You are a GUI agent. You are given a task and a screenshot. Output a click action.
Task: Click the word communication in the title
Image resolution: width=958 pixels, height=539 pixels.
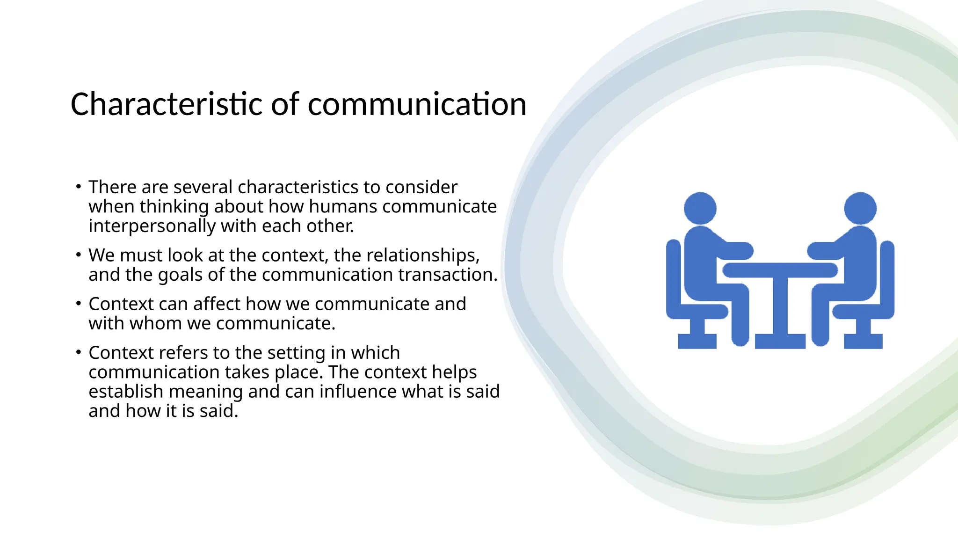(x=417, y=104)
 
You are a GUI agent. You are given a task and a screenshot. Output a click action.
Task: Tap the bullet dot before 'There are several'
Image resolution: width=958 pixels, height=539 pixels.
(x=79, y=187)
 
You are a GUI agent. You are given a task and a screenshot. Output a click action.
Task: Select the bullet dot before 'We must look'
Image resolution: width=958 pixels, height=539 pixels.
(x=79, y=255)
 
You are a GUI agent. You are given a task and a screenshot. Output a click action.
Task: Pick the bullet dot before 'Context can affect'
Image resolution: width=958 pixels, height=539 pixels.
(x=79, y=304)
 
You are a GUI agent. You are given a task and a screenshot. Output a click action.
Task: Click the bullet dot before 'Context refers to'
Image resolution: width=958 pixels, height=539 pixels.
(x=79, y=352)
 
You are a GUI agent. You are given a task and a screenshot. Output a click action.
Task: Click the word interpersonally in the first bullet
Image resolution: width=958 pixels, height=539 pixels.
(x=152, y=226)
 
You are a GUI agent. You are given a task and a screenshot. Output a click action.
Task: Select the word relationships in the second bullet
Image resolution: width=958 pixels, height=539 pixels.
(x=423, y=255)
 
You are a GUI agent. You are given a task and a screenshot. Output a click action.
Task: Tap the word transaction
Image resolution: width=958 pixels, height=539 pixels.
(x=448, y=275)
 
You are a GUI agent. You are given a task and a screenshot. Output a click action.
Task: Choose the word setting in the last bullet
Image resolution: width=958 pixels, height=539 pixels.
(x=296, y=353)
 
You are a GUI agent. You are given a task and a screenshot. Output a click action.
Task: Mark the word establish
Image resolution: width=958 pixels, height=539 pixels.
(x=126, y=392)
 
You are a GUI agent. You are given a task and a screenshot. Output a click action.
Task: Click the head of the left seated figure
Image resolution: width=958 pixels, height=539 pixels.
(x=700, y=208)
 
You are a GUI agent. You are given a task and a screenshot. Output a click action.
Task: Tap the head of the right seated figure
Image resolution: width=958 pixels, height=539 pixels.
(x=860, y=208)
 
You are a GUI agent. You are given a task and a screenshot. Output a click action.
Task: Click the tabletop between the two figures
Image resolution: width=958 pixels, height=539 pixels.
(x=780, y=270)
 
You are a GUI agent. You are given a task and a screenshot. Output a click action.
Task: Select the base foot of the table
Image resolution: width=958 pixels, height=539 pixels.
(x=780, y=341)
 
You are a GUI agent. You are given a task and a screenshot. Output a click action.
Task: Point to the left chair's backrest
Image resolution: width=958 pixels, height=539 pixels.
(x=673, y=276)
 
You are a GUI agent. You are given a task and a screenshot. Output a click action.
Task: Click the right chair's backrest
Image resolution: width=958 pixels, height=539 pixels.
(x=887, y=276)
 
